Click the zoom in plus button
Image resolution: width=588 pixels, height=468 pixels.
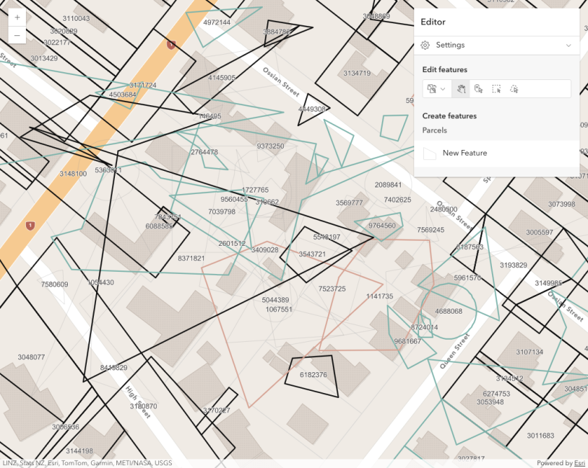pyautogui.click(x=17, y=17)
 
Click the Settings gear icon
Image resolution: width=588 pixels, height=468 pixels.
pyautogui.click(x=425, y=45)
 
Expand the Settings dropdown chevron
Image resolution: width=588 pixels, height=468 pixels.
pyautogui.click(x=568, y=45)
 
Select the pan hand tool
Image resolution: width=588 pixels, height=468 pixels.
pyautogui.click(x=460, y=89)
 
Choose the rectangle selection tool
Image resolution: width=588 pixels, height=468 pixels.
pyautogui.click(x=496, y=89)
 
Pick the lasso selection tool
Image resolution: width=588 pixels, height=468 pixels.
pyautogui.click(x=514, y=89)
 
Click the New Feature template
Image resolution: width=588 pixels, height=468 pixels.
pyautogui.click(x=464, y=153)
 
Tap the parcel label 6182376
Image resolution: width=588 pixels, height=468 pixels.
pyautogui.click(x=313, y=375)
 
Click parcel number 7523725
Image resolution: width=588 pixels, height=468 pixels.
pyautogui.click(x=332, y=288)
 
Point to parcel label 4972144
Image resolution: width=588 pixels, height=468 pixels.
pyautogui.click(x=217, y=22)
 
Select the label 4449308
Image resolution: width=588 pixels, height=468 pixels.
pyautogui.click(x=312, y=109)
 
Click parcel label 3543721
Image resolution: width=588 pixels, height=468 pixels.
pyautogui.click(x=312, y=254)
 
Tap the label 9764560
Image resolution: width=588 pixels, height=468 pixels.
pyautogui.click(x=382, y=226)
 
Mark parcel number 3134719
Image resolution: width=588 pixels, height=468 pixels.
pyautogui.click(x=357, y=73)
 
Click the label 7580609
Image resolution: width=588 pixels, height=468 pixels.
pyautogui.click(x=54, y=284)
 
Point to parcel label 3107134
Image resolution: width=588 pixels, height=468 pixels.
pyautogui.click(x=529, y=352)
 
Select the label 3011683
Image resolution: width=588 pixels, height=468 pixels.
pyautogui.click(x=540, y=436)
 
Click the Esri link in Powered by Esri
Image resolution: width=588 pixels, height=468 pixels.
pyautogui.click(x=579, y=463)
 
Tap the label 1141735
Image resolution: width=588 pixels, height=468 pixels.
pyautogui.click(x=379, y=296)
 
